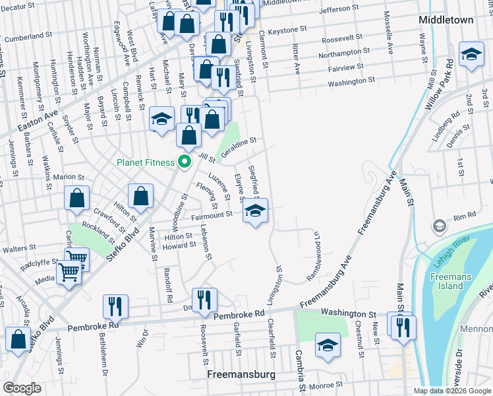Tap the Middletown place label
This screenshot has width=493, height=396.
click(446, 20)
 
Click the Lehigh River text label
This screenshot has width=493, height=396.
click(454, 251)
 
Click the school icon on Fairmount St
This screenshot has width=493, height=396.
click(256, 211)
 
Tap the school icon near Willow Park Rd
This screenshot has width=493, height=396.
click(471, 55)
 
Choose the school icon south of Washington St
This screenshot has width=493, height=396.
click(328, 345)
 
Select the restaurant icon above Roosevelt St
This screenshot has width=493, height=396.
click(204, 300)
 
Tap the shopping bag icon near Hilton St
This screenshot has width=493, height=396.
click(140, 195)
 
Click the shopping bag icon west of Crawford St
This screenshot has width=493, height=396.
click(77, 198)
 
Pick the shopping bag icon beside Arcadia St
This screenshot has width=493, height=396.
click(18, 338)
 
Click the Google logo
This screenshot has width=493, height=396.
click(21, 388)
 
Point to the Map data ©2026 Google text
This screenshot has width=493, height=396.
click(451, 391)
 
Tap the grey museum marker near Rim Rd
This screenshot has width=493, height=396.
click(438, 227)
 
